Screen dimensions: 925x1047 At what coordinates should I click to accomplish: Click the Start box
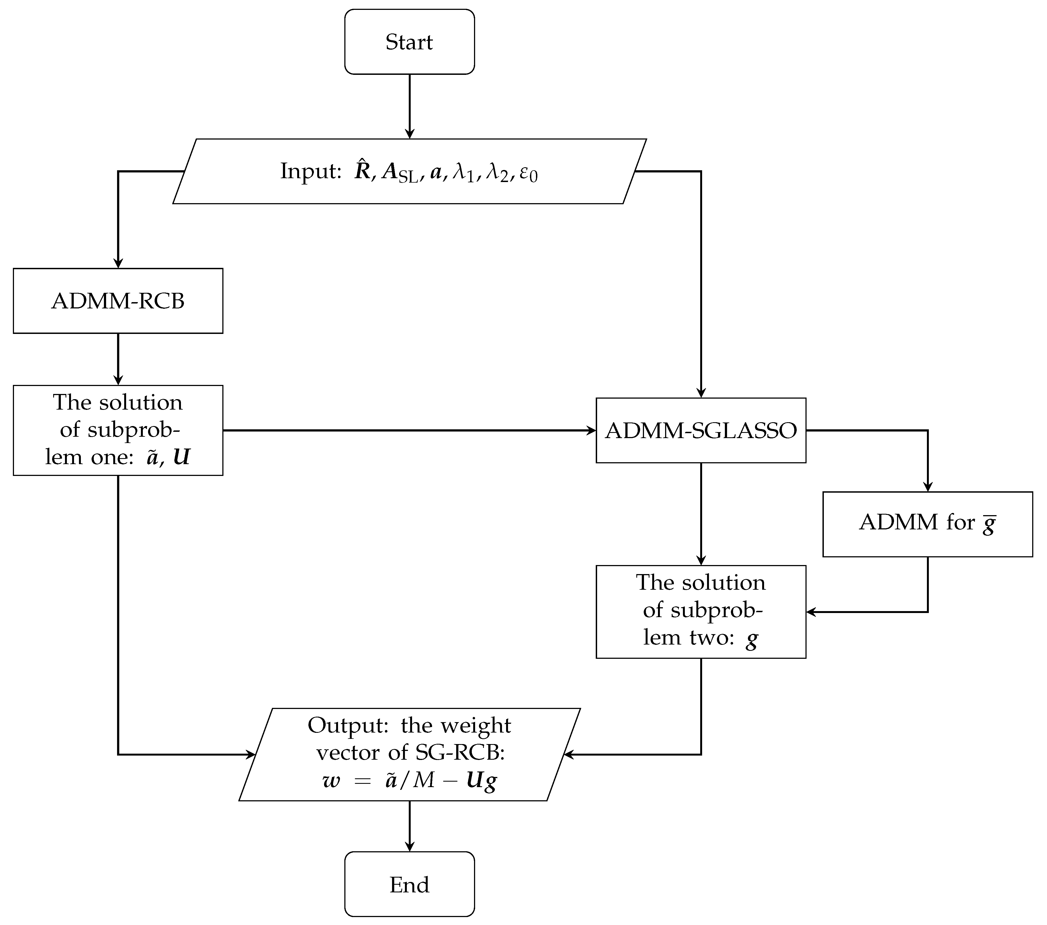(409, 42)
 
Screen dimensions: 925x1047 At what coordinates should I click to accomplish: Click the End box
(409, 884)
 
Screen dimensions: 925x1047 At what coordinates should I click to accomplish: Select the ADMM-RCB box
(118, 301)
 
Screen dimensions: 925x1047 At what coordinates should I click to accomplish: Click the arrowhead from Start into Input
(409, 134)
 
